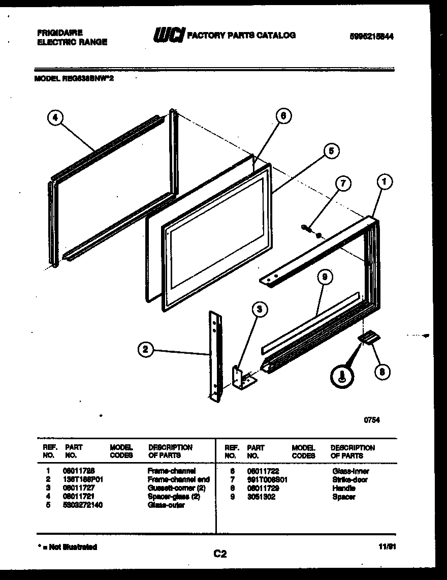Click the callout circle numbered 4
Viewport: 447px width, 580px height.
click(55, 118)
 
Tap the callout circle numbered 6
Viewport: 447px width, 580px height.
click(283, 116)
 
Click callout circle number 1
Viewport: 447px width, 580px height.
click(385, 181)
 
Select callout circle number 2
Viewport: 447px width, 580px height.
click(146, 349)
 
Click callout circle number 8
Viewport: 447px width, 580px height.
click(381, 372)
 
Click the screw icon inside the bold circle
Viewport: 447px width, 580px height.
click(341, 377)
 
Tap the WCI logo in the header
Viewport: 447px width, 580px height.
click(169, 35)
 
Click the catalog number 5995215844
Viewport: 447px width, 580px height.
click(371, 37)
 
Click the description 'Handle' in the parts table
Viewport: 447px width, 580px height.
click(343, 488)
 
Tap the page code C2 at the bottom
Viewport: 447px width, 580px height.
click(219, 555)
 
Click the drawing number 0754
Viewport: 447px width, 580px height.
click(372, 420)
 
